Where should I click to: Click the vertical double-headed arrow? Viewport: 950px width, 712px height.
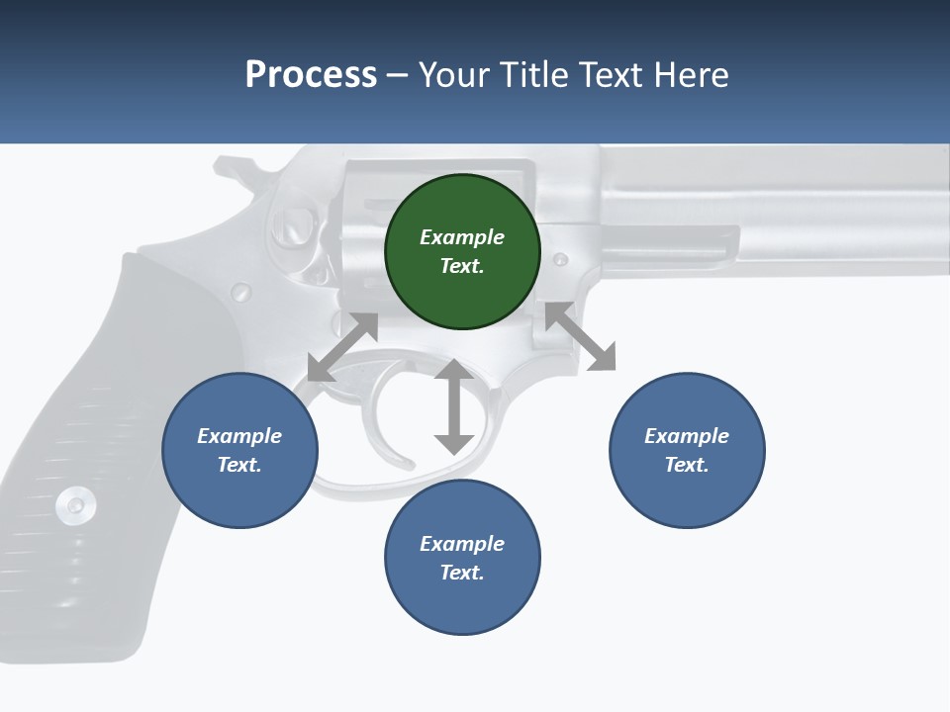point(454,406)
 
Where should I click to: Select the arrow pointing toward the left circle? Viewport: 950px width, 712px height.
point(342,347)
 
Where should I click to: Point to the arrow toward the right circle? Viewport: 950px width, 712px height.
point(581,336)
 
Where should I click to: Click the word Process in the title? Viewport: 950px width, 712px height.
point(311,75)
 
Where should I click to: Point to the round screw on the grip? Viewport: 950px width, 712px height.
point(75,504)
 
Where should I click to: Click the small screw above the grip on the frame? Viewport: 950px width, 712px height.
point(240,292)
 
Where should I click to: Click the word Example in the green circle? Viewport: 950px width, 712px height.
point(462,236)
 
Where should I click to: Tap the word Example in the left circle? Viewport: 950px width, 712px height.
point(239,436)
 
